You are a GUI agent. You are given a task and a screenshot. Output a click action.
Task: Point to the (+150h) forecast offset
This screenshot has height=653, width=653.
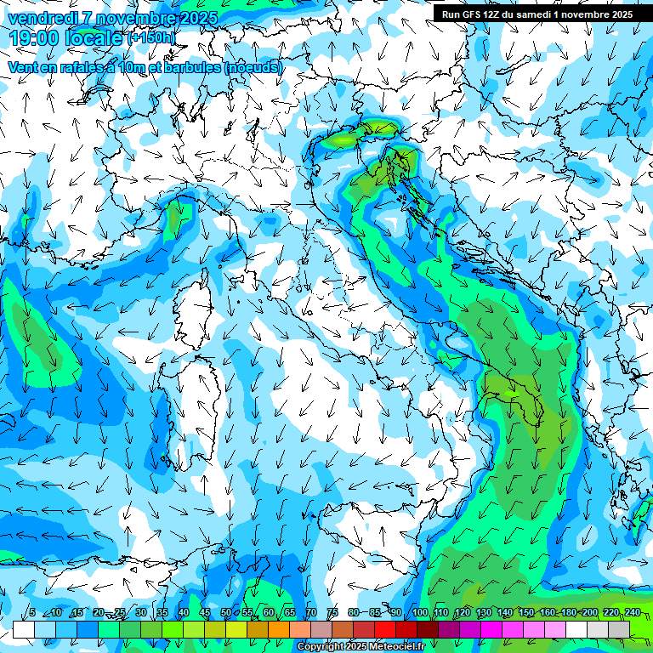click(x=151, y=38)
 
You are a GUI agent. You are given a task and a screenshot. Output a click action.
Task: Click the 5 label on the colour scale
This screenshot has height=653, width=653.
click(x=32, y=613)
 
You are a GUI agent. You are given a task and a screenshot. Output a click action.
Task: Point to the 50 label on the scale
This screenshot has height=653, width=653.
click(x=226, y=613)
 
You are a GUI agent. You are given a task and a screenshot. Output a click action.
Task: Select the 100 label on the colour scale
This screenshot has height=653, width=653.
click(x=420, y=613)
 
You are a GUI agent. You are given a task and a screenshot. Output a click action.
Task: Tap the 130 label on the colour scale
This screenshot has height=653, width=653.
click(x=484, y=613)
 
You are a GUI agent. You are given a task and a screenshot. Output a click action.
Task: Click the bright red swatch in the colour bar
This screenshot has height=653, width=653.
click(x=385, y=628)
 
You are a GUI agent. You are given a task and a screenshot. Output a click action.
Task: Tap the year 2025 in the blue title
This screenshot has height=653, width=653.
click(x=196, y=18)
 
